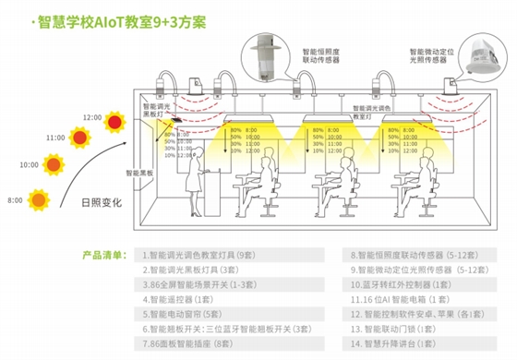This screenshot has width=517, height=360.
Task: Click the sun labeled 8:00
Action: [40, 199]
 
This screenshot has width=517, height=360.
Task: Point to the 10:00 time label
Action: [30, 164]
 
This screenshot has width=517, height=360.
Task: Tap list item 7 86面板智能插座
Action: [181, 343]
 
